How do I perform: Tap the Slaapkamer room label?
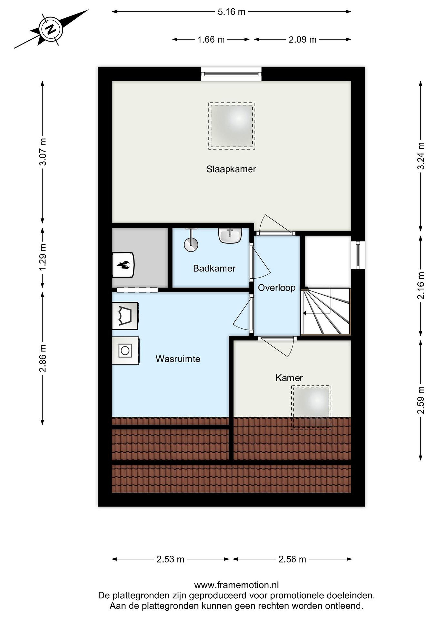tap(231, 169)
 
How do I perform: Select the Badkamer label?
tap(214, 268)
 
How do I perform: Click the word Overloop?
tap(277, 288)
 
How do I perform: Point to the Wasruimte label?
tap(178, 359)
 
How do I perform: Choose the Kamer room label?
tap(289, 378)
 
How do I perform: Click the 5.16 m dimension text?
tap(231, 12)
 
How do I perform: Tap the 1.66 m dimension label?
tap(211, 40)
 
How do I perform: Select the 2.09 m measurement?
tap(302, 40)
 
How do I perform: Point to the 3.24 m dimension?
tap(421, 156)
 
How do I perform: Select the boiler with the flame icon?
tap(123, 265)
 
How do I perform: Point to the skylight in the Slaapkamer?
tap(232, 126)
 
